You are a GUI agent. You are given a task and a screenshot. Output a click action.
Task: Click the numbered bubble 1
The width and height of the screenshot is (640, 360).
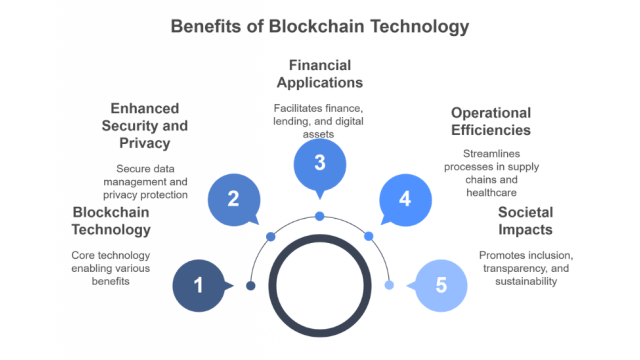point(198,285)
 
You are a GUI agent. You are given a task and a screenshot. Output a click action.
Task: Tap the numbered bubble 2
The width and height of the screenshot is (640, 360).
point(232,198)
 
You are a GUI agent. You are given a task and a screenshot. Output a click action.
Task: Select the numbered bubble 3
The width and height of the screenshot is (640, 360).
point(319,164)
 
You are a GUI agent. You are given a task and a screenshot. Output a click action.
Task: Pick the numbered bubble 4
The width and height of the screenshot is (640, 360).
point(405,198)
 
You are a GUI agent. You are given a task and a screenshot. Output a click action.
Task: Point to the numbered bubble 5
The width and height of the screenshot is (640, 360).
point(440,285)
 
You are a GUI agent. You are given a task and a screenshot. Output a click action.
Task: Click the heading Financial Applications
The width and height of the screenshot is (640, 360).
point(319,74)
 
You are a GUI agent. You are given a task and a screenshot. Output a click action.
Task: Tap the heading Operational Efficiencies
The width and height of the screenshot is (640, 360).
point(490,121)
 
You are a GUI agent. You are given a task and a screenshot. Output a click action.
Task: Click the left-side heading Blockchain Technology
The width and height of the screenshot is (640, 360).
point(111,221)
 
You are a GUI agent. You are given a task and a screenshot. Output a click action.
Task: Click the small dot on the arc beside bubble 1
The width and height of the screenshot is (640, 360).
point(250,285)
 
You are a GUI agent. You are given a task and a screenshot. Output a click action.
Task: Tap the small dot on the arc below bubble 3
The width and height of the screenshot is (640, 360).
point(319,216)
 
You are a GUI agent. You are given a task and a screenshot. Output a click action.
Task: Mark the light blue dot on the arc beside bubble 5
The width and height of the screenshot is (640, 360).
point(389,285)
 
